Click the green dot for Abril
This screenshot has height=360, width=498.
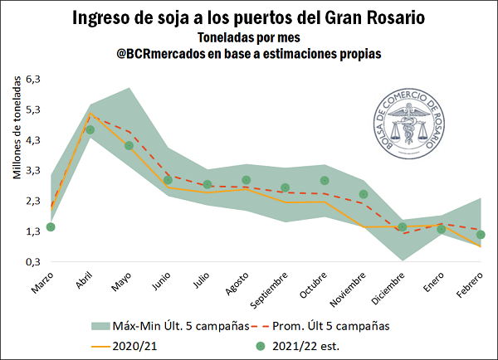(x=90, y=129)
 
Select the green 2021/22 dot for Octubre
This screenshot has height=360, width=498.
(x=325, y=181)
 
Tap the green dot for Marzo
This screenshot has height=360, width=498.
(x=51, y=226)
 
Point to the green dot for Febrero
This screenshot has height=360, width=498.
(x=481, y=235)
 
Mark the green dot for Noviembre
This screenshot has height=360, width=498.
(x=364, y=194)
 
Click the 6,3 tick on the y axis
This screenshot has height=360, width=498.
(x=32, y=80)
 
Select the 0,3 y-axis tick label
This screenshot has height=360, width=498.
(x=32, y=262)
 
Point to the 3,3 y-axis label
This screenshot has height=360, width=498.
(x=32, y=171)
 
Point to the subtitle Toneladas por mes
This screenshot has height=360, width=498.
(x=248, y=37)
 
